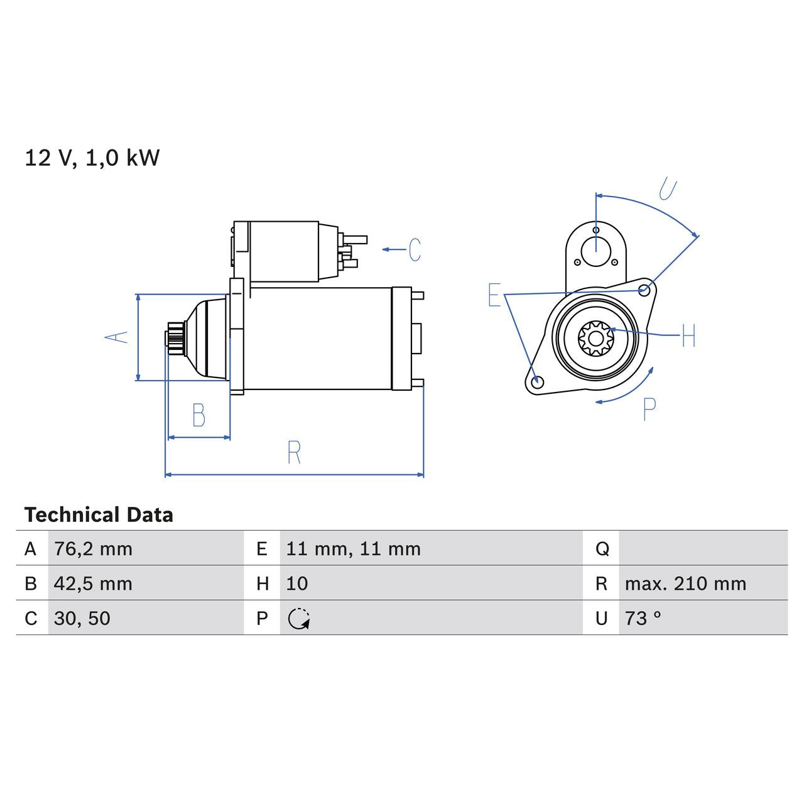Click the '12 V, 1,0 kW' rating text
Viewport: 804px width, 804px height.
tap(92, 158)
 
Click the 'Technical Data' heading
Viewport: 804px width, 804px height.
tap(99, 515)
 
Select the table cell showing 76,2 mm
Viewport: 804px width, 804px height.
tap(93, 549)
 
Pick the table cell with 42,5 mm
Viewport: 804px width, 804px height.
tap(93, 584)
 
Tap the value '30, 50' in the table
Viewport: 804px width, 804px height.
tap(82, 618)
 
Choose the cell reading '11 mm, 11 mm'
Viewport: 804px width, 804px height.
tap(353, 549)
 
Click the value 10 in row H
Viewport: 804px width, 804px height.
tap(296, 584)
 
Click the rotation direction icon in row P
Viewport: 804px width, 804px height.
tap(299, 619)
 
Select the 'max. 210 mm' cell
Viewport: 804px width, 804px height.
tap(685, 584)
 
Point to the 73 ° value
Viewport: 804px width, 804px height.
tap(643, 618)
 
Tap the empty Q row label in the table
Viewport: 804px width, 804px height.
tap(601, 549)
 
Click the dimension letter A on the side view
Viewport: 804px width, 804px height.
tap(116, 337)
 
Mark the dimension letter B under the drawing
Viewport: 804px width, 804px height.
tap(198, 415)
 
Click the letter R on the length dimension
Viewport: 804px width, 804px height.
tap(294, 452)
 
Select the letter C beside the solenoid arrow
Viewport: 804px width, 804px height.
tap(415, 249)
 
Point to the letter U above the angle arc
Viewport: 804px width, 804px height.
tap(668, 189)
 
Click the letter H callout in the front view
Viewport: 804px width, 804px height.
tap(688, 335)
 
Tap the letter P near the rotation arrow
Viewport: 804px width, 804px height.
tap(649, 410)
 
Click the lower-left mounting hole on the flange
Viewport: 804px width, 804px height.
tap(536, 382)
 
